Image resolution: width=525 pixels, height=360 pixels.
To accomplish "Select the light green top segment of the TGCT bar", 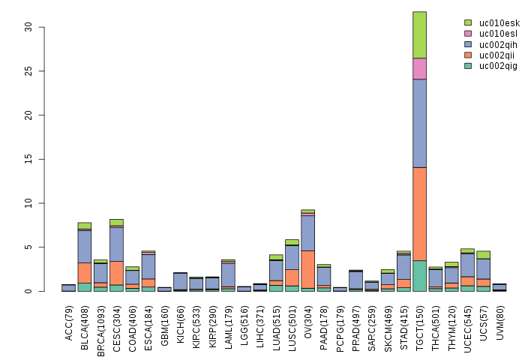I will pyautogui.click(x=419, y=34).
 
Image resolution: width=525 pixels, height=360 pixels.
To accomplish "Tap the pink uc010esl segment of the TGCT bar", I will pyautogui.click(x=419, y=68).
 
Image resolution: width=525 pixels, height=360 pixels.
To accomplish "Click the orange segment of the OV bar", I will pyautogui.click(x=307, y=269).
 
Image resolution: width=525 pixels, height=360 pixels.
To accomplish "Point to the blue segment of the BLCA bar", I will pyautogui.click(x=85, y=246).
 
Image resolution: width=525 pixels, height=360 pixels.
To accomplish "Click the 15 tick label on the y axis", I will pyautogui.click(x=29, y=159).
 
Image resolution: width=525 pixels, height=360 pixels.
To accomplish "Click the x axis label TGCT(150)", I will pyautogui.click(x=420, y=320).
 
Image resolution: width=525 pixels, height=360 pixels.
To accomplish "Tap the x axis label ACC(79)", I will pyautogui.click(x=69, y=318).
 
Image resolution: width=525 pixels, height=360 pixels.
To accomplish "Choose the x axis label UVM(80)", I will pyautogui.click(x=499, y=319).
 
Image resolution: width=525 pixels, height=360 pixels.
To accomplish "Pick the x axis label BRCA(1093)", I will pyautogui.click(x=100, y=323).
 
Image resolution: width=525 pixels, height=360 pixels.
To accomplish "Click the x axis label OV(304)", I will pyautogui.click(x=308, y=318).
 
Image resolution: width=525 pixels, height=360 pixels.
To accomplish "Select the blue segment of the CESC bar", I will pyautogui.click(x=117, y=244).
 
